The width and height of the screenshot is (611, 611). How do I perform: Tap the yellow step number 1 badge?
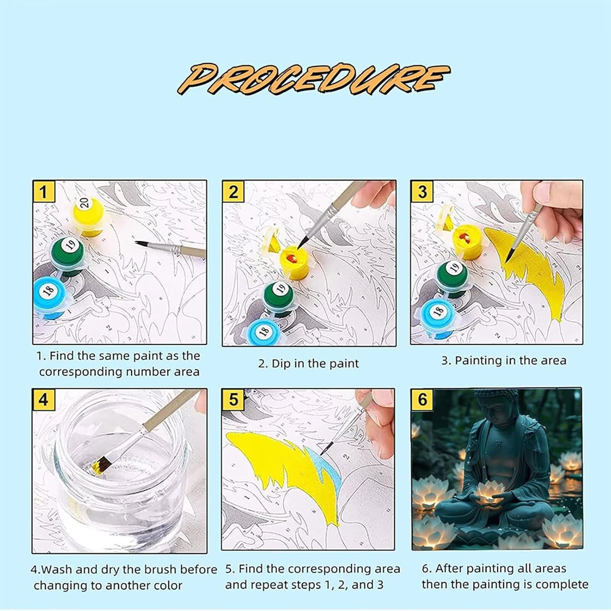coord(44,191)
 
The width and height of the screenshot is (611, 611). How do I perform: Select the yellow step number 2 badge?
coord(233,191)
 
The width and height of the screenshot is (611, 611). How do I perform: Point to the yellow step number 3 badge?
coord(422,191)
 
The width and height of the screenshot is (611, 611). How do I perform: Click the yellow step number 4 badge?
coord(43,400)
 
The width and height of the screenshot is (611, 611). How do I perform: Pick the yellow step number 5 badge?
coord(233,400)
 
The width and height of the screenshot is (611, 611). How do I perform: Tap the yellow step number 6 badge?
coord(422,400)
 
